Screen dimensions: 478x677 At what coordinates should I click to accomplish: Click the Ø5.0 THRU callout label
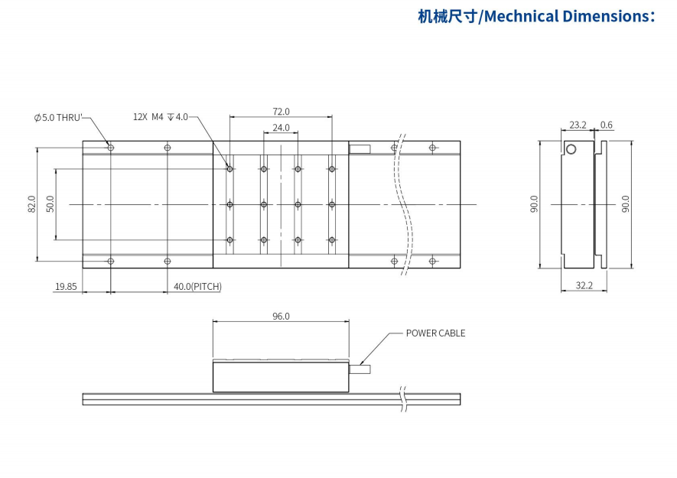[x=57, y=117]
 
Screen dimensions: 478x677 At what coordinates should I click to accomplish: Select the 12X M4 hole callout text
[x=160, y=117]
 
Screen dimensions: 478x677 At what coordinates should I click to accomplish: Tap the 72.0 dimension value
[x=281, y=112]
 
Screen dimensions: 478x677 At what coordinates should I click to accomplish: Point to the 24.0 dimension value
[x=281, y=128]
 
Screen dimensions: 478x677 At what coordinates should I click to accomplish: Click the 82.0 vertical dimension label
[x=31, y=204]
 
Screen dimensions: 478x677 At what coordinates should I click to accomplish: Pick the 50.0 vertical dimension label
[x=50, y=204]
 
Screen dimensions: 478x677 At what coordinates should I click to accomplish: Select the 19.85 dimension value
[x=65, y=287]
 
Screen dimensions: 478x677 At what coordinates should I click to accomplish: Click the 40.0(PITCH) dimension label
[x=197, y=287]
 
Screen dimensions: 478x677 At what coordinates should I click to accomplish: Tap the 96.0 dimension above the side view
[x=281, y=316]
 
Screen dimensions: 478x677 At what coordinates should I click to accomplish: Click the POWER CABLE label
[x=435, y=333]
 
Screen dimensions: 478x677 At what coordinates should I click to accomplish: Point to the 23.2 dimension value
[x=578, y=125]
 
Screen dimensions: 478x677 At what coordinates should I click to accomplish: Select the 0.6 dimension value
[x=607, y=125]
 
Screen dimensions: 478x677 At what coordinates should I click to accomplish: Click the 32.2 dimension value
[x=584, y=285]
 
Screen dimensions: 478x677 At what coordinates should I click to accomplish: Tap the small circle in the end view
[x=570, y=149]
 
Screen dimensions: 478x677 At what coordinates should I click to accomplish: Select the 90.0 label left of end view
[x=534, y=204]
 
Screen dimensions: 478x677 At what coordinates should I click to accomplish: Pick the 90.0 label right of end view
[x=625, y=204]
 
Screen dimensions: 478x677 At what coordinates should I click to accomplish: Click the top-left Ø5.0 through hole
[x=111, y=147]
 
